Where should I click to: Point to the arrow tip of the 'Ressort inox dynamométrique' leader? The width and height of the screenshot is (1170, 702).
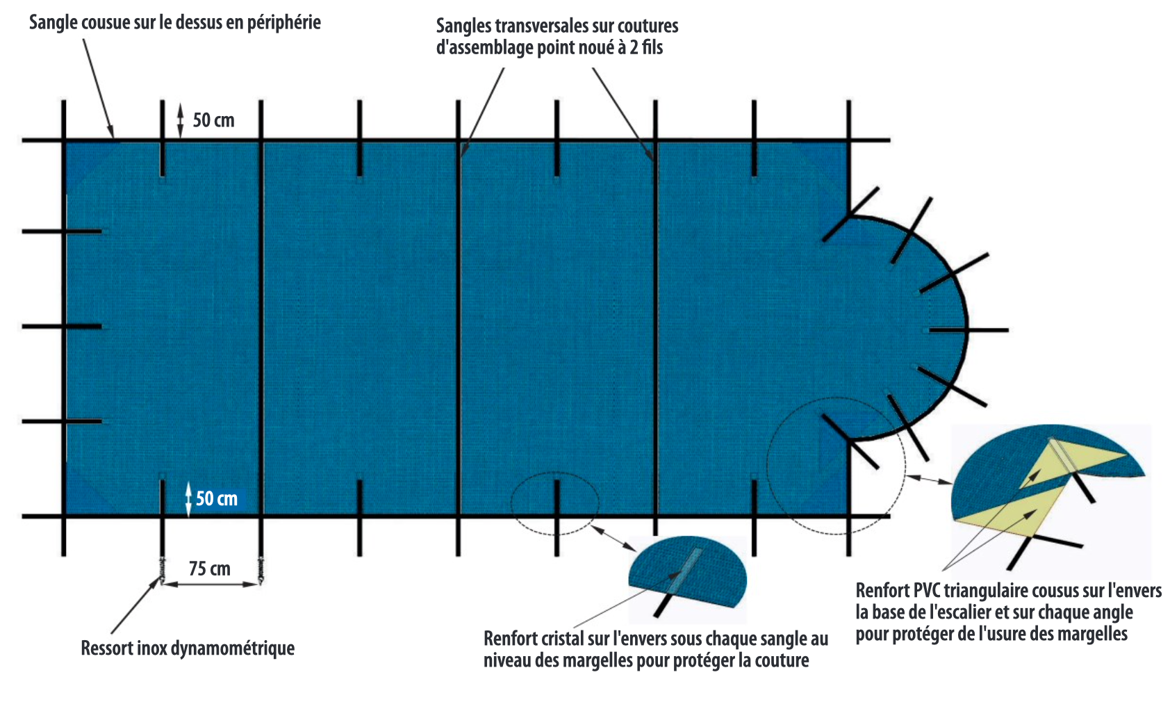click(159, 577)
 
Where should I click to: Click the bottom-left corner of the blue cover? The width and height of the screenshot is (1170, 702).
click(64, 515)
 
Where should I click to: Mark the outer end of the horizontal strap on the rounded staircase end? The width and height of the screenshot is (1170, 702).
click(1008, 330)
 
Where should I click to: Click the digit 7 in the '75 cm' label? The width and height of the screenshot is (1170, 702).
click(192, 569)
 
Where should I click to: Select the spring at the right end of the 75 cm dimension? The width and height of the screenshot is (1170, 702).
click(261, 570)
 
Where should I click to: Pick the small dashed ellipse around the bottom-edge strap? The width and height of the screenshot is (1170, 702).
click(554, 503)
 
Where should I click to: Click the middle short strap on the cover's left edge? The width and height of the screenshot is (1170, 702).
click(62, 327)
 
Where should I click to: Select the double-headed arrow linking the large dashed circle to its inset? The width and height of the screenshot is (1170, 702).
click(929, 479)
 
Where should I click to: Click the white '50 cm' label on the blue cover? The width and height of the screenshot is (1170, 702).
click(216, 498)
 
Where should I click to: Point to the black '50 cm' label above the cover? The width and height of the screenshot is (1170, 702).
click(213, 120)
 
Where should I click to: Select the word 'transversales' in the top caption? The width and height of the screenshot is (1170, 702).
click(552, 26)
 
